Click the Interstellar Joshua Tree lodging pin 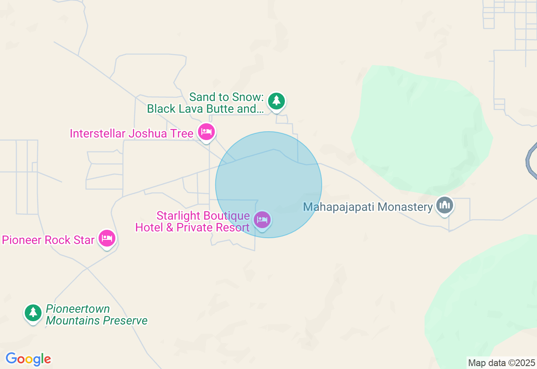[206, 132]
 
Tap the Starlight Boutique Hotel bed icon [262, 219]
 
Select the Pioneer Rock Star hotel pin [107, 238]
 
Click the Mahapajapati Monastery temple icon [445, 205]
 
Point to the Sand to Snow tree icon [276, 101]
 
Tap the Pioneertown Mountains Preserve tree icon [33, 312]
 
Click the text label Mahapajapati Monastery [368, 207]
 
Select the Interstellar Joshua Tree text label [131, 134]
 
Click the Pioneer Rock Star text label [48, 240]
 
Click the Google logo [28, 359]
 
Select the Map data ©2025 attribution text [501, 363]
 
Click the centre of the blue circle [268, 184]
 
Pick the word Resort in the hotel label [233, 228]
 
